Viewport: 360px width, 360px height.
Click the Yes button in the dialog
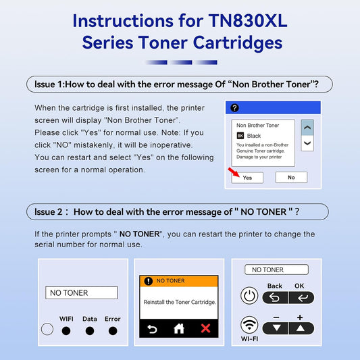247,178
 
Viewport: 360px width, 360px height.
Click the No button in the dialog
291,178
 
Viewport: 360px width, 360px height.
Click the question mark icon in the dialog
234,108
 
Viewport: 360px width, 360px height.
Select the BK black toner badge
240,136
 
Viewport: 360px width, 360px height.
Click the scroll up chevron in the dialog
307,128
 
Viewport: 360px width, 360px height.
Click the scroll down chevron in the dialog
307,143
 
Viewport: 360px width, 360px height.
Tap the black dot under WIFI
66,331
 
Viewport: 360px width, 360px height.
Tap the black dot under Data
89,331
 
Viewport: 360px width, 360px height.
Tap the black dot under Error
113,331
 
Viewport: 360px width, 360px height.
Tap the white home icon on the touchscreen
179,328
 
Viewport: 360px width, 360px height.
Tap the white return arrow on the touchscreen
153,328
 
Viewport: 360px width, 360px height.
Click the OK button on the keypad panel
299,297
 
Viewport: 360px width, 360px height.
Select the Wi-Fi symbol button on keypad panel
250,327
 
